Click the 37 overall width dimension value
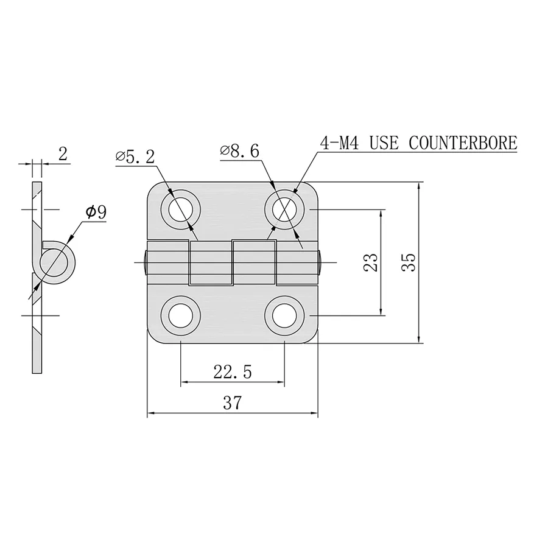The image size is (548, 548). point(233,402)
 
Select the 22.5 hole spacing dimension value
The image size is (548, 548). point(233,372)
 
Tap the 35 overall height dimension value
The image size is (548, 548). point(409,262)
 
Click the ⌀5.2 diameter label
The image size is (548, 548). point(135,156)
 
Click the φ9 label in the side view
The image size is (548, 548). point(96,212)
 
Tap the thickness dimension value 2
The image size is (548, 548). point(62,155)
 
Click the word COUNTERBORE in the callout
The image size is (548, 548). point(463,143)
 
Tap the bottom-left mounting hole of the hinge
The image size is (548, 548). point(181,315)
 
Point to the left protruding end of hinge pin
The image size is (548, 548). point(145,262)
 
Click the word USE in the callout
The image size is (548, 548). point(385,143)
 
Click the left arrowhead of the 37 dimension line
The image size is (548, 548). point(151,414)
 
